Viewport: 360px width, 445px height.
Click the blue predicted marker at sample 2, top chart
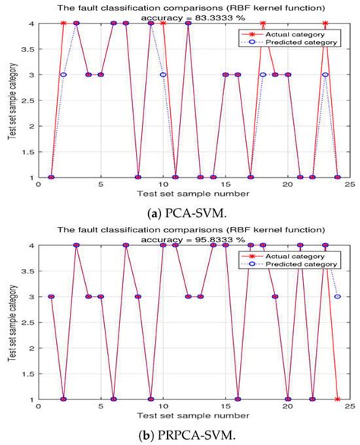click(x=64, y=74)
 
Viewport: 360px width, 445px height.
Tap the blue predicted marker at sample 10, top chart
click(x=163, y=74)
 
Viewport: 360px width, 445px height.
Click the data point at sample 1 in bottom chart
click(x=51, y=296)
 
